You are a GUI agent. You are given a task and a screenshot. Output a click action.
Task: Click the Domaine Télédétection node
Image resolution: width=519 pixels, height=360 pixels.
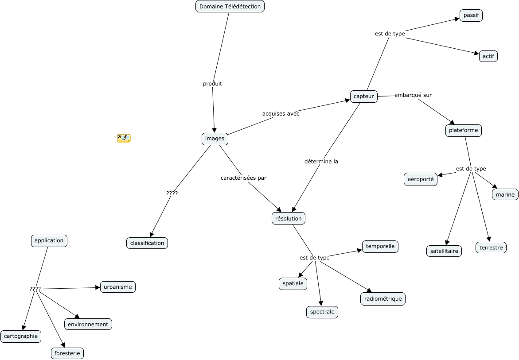tap(230, 6)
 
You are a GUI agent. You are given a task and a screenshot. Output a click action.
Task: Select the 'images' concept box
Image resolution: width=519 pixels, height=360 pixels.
tap(215, 139)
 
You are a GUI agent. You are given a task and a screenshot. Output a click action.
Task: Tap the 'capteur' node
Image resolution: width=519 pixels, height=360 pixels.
tap(364, 96)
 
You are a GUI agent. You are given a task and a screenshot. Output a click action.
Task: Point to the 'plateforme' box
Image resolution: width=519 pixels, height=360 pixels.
tap(463, 131)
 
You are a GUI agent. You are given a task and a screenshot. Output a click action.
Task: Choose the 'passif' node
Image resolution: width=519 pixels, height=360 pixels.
tap(471, 15)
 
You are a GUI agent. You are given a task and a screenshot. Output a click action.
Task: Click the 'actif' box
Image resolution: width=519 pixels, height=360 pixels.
tap(488, 56)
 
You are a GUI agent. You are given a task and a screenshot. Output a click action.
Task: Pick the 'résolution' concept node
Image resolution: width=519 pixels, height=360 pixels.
tap(288, 218)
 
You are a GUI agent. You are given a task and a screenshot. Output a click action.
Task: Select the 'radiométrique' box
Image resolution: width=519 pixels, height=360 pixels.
tap(382, 299)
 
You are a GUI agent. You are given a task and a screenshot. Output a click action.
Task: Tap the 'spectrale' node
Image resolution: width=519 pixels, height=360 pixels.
tap(322, 312)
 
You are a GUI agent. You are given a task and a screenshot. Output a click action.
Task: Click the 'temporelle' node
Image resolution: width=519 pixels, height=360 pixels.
tap(380, 247)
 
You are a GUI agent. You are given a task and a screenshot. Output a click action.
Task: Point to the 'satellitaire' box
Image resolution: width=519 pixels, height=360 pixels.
tap(444, 251)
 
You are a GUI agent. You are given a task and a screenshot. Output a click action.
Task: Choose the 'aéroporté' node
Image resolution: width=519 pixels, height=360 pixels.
tap(421, 179)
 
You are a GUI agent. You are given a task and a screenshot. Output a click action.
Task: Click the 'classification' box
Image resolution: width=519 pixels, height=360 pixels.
tap(147, 243)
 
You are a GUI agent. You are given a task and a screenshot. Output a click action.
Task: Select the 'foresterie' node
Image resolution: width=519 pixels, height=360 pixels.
tap(67, 353)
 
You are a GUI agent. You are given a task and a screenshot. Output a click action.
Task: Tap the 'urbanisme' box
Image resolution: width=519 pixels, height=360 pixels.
tap(117, 287)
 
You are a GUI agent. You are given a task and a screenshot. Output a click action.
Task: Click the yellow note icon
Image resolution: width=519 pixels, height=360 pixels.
tap(124, 138)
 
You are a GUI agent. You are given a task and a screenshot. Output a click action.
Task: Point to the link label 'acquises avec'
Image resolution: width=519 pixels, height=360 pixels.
tap(281, 114)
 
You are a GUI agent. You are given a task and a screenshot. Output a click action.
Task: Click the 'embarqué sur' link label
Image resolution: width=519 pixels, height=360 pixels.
tap(413, 95)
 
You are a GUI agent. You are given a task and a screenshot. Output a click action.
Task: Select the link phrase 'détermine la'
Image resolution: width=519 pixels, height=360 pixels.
tap(321, 162)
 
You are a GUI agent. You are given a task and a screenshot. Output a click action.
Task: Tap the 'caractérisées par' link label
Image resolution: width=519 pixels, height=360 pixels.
tap(243, 178)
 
